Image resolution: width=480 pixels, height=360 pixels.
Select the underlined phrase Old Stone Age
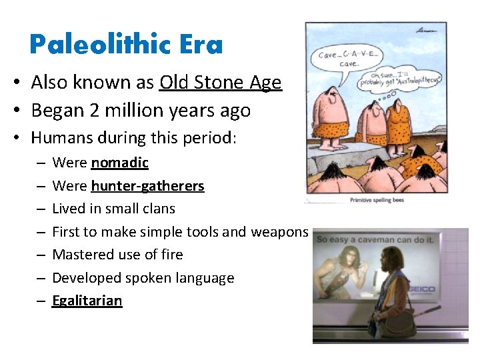[221, 83]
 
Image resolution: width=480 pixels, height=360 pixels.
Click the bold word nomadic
[119, 163]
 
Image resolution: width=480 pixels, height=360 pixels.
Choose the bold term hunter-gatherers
[147, 186]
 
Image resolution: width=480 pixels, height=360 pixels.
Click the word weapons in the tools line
[279, 232]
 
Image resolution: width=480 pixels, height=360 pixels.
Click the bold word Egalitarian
[87, 301]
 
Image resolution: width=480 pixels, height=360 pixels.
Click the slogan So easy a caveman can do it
[375, 239]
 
